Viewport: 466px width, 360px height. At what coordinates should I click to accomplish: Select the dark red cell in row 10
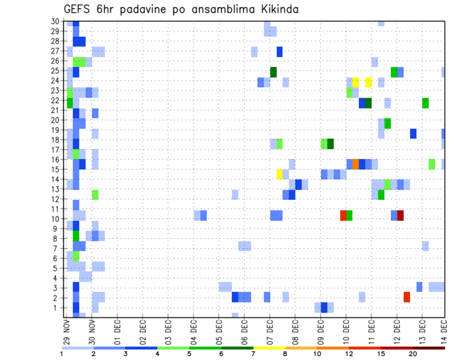pos(400,215)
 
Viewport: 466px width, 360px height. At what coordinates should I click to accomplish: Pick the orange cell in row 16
pos(356,164)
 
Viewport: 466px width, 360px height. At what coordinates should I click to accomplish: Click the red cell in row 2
pos(407,297)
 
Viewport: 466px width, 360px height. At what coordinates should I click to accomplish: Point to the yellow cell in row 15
pos(280,174)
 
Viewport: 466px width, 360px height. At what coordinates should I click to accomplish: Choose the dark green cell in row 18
pos(331,144)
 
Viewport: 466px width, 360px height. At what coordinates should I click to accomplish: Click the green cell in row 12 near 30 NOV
pos(95,195)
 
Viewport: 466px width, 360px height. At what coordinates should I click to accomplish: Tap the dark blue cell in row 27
pos(280,52)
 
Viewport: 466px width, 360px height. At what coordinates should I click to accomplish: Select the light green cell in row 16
pos(432,164)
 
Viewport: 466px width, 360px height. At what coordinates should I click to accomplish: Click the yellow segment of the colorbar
pos(269,348)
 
